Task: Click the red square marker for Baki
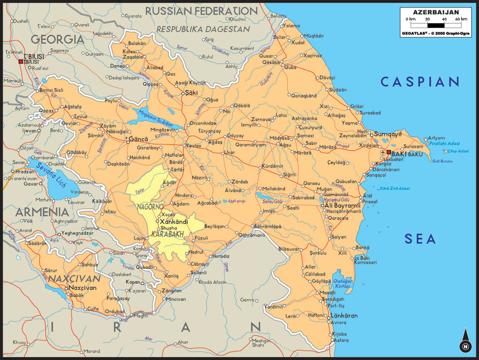pyautogui.click(x=389, y=153)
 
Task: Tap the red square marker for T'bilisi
pyautogui.click(x=20, y=62)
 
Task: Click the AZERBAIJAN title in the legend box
pyautogui.click(x=435, y=12)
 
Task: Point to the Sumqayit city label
pyautogui.click(x=388, y=133)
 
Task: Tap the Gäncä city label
pyautogui.click(x=139, y=139)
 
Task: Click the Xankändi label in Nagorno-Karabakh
pyautogui.click(x=174, y=221)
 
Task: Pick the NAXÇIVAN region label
pyautogui.click(x=74, y=278)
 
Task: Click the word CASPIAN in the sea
pyautogui.click(x=420, y=82)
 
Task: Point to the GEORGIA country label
pyautogui.click(x=57, y=39)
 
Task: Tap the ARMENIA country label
pyautogui.click(x=42, y=212)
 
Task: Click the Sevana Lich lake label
pyautogui.click(x=51, y=174)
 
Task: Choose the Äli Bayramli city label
pyautogui.click(x=343, y=205)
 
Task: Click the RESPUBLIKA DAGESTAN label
pyautogui.click(x=203, y=29)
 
